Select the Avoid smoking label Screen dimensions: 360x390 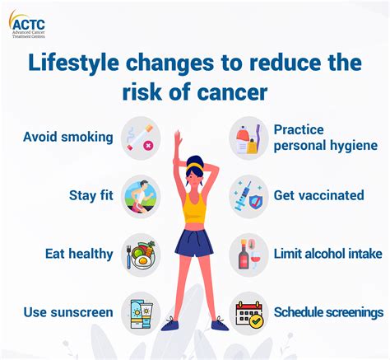click(x=68, y=137)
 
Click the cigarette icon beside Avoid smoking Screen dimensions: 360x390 click(x=139, y=136)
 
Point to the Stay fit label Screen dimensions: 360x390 click(x=91, y=196)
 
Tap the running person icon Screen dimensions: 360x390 click(x=139, y=195)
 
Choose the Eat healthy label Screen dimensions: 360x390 click(x=79, y=254)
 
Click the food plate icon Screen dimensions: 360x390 click(x=139, y=253)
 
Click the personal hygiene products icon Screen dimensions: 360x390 click(x=248, y=138)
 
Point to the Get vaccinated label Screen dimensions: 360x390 click(x=319, y=196)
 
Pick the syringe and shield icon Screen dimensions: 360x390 click(x=248, y=195)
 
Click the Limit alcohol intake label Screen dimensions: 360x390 click(x=327, y=254)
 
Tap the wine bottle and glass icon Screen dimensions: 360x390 click(x=248, y=253)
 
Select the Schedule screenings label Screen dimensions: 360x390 click(x=328, y=312)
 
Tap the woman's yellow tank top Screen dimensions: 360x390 click(x=194, y=207)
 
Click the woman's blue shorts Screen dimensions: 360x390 click(x=194, y=243)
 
